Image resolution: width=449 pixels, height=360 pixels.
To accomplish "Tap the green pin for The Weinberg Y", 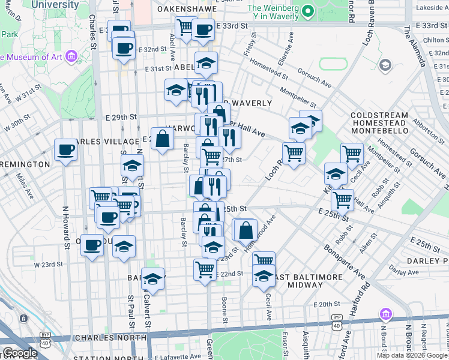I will (x=307, y=11).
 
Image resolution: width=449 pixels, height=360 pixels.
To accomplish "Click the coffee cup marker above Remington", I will (x=65, y=150).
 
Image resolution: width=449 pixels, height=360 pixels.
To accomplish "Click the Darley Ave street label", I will (x=400, y=268).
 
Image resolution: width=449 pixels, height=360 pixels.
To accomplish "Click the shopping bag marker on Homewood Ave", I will (x=246, y=229).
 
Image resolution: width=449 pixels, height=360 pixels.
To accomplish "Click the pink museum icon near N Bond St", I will (x=385, y=314).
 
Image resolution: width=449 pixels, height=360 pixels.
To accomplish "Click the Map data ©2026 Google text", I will (x=412, y=355).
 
